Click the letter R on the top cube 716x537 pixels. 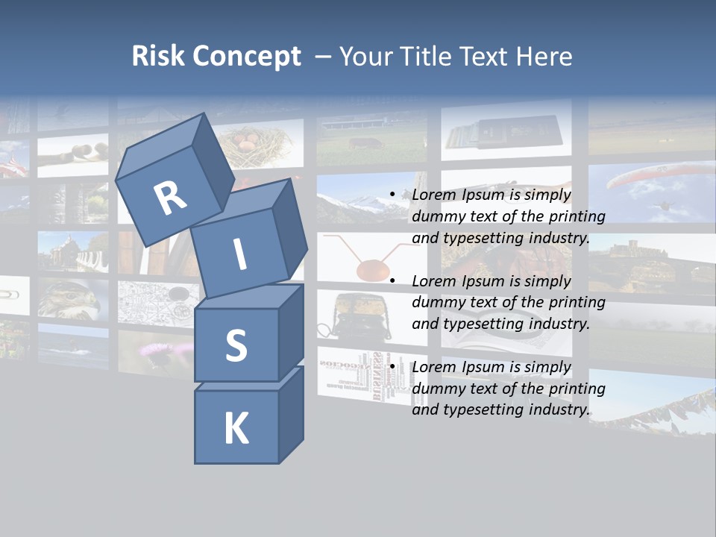[170, 198]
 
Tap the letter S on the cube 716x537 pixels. [236, 346]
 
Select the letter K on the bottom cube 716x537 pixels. [236, 429]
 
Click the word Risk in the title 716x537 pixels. [157, 56]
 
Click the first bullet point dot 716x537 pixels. [392, 195]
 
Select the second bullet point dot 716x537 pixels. [392, 281]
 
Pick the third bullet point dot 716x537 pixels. [392, 367]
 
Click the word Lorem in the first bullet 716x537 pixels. [433, 195]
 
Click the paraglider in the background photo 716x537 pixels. [646, 178]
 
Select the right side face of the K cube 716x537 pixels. [291, 416]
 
